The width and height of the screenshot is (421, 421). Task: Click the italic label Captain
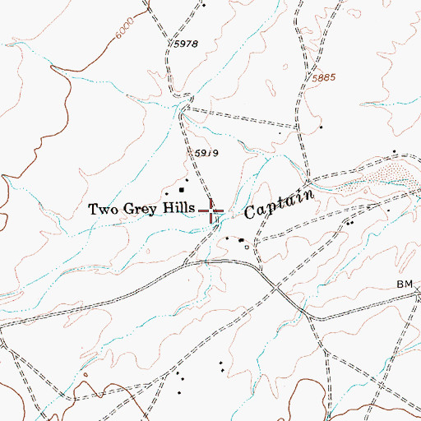[x=280, y=203]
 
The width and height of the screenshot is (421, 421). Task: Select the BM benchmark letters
[x=404, y=283]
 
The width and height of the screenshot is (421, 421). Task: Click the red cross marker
[x=213, y=212]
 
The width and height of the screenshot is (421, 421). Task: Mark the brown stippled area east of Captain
[x=378, y=173]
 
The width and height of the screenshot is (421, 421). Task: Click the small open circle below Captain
[x=244, y=244]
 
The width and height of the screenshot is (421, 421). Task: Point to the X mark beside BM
[x=418, y=289]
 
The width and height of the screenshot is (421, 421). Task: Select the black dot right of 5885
[x=321, y=127]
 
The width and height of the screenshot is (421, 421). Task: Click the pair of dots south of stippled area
[x=351, y=221]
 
